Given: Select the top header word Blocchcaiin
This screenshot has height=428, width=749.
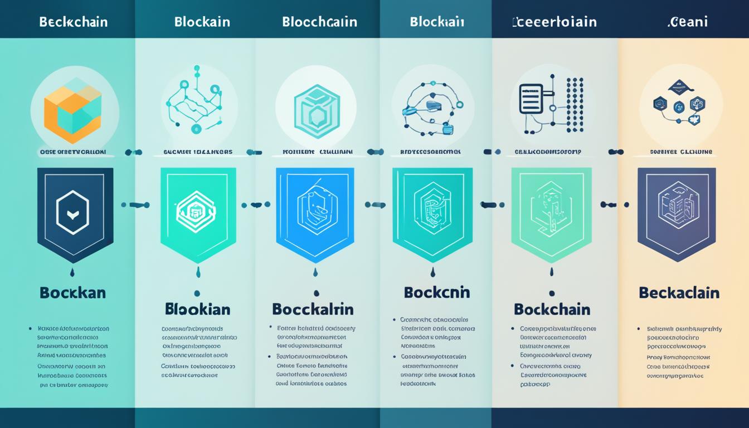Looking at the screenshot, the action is click(319, 22).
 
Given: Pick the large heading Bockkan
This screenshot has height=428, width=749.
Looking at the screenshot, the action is click(72, 293).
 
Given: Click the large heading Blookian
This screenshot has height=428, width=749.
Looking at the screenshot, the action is click(198, 309).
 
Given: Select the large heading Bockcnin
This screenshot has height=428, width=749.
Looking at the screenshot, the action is click(437, 293).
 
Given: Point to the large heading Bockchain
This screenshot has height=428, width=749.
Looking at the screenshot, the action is click(552, 309).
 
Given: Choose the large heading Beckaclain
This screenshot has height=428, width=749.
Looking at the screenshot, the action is click(679, 293).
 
